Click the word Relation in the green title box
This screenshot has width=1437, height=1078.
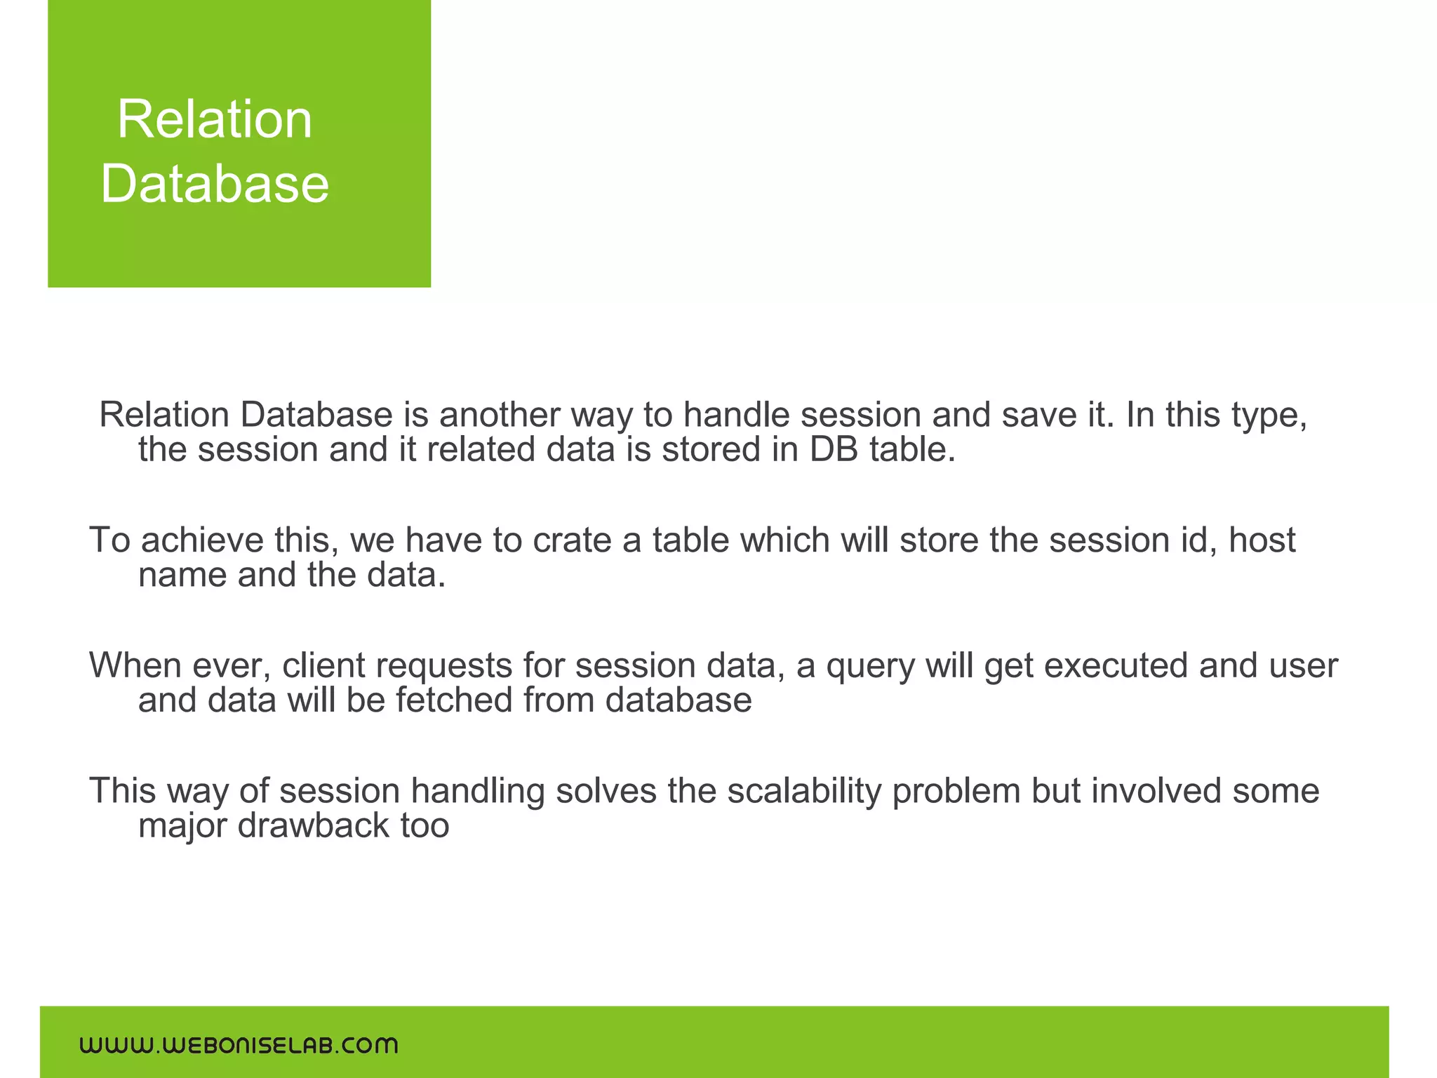[x=214, y=120]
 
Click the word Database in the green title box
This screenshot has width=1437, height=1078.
[x=214, y=184]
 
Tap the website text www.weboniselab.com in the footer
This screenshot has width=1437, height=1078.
[x=239, y=1045]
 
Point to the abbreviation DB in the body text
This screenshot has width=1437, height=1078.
[x=833, y=450]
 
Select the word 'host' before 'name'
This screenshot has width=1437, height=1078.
[x=1262, y=540]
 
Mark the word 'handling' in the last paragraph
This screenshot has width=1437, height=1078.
[x=477, y=792]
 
